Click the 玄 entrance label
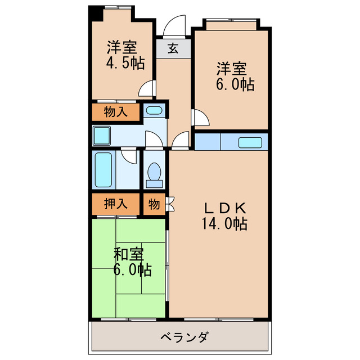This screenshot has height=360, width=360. [173, 48]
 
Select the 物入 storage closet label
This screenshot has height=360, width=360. [115, 111]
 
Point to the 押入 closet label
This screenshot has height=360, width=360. [115, 204]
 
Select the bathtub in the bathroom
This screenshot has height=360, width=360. [103, 169]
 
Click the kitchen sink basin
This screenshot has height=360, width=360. [250, 142]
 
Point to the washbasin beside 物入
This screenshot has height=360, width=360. [153, 110]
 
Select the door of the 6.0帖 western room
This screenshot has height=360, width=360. [199, 118]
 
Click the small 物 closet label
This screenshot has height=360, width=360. [154, 204]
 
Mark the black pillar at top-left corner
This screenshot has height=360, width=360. [94, 13]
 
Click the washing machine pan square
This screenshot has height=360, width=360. [102, 136]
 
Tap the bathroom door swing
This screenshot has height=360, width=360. [129, 156]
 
